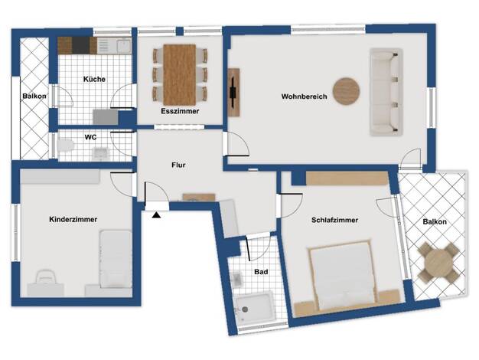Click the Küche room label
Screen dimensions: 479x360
pos(94,79)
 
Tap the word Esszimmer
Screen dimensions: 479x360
pos(180,111)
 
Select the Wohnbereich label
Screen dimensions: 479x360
pos(304,97)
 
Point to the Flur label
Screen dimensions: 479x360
pos(178,165)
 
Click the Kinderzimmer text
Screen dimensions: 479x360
pos(73,219)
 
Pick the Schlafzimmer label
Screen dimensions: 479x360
pos(334,220)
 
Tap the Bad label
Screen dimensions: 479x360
pos(261,272)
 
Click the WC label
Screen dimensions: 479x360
pos(90,137)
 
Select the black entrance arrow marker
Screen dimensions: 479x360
pos(156,215)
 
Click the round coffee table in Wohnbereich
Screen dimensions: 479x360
pos(346,91)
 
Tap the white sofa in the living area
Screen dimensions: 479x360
pos(386,91)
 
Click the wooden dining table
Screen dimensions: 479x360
pos(180,74)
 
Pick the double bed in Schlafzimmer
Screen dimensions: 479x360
pos(341,274)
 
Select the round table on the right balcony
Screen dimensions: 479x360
pos(438,263)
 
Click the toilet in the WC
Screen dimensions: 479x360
pos(65,145)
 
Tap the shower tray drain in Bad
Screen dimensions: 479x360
pos(245,309)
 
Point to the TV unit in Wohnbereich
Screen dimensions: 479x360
pos(233,92)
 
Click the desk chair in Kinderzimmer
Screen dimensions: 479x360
pos(46,277)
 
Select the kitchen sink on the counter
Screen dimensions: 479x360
pos(124,46)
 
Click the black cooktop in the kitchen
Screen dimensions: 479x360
pos(80,45)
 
